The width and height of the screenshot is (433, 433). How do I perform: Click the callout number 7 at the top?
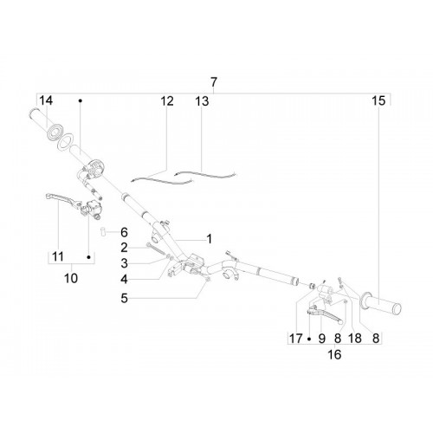click(x=213, y=82)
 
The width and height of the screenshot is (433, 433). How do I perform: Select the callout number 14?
click(x=46, y=100)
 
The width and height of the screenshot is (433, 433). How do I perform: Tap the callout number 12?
click(x=167, y=101)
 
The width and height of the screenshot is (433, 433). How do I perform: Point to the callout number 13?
click(x=202, y=101)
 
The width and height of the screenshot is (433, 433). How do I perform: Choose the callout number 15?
click(x=378, y=100)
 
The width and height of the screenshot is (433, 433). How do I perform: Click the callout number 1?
click(x=210, y=239)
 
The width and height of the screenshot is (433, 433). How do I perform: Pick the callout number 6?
click(x=124, y=232)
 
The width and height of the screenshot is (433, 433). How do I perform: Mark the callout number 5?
click(x=124, y=298)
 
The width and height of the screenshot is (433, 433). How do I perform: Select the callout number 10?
click(x=71, y=278)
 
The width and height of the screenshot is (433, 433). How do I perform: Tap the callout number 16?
click(x=334, y=354)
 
